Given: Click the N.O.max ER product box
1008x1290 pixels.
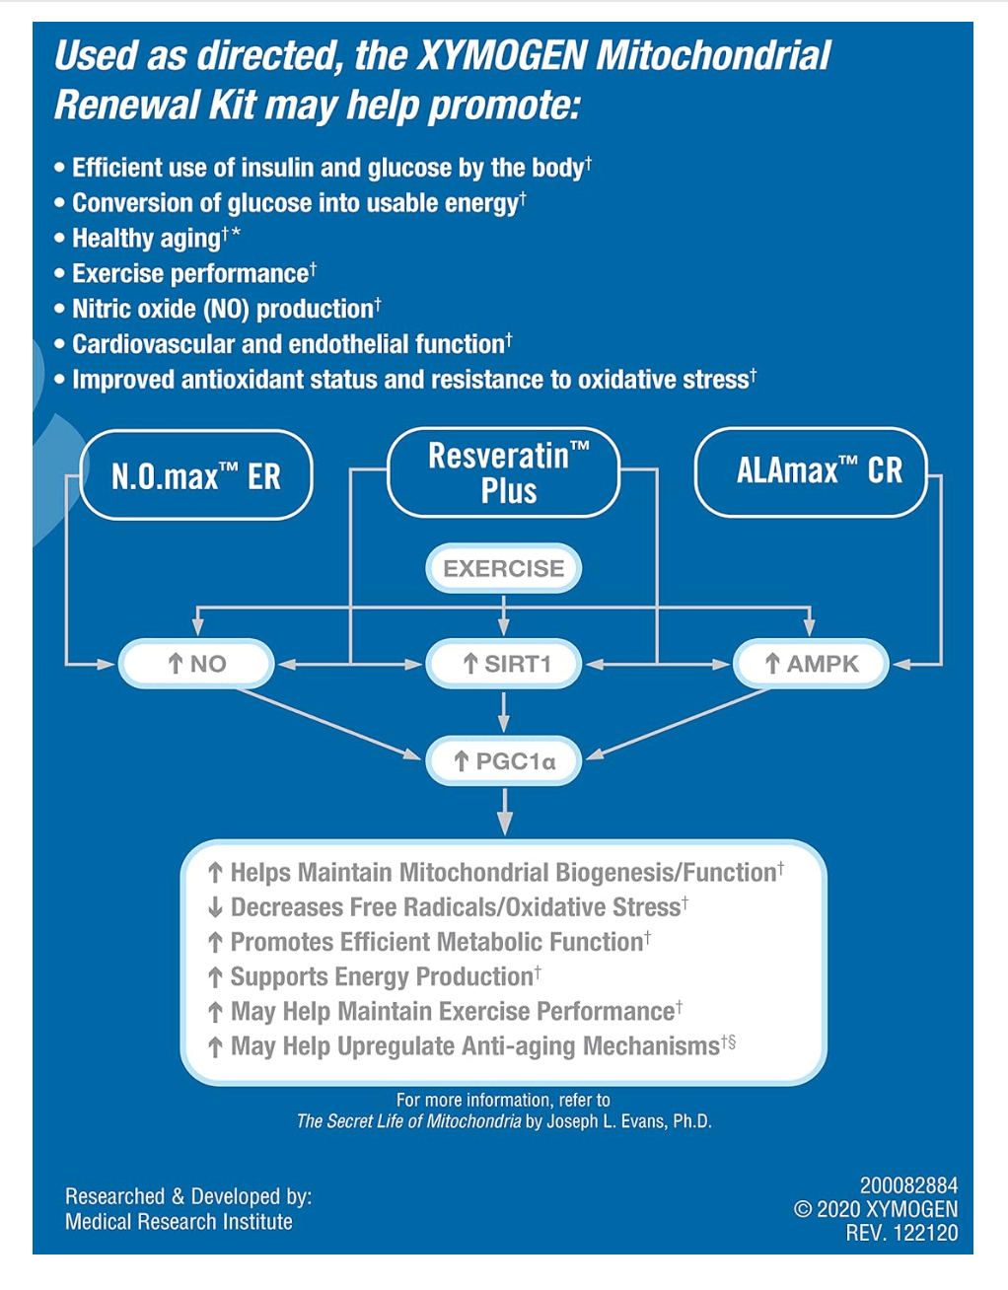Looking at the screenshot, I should pos(195,475).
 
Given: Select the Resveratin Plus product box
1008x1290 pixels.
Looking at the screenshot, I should pos(504,472).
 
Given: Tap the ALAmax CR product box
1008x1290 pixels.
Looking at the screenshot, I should pos(812,471).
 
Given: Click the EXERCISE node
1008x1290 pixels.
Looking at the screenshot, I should pos(504,568).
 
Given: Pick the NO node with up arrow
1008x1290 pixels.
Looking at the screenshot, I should pos(196,664).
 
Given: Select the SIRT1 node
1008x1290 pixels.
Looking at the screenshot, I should pos(504,664).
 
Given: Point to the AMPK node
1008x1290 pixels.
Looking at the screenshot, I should pos(811,664).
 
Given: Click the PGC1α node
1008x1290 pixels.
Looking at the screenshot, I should pos(504,760).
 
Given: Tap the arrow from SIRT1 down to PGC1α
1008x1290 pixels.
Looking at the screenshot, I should pos(504,712).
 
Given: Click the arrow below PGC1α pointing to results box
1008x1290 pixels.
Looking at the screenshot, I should pos(504,811).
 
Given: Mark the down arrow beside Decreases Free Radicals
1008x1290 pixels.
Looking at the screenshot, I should pos(215,907).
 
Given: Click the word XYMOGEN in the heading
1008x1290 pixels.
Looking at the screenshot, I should pos(502,56).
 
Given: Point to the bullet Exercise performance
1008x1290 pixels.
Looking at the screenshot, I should pos(190,273).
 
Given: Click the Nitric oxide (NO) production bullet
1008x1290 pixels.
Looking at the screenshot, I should pos(222,309).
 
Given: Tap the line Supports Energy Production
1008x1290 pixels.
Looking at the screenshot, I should pos(382,976).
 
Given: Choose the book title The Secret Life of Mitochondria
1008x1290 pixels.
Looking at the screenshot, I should pos(408,1121).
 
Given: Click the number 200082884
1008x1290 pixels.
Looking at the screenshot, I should pos(907,1185).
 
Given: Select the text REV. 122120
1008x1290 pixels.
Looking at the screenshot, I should pos(900,1233).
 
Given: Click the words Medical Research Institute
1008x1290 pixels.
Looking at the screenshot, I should pos(179,1222).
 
